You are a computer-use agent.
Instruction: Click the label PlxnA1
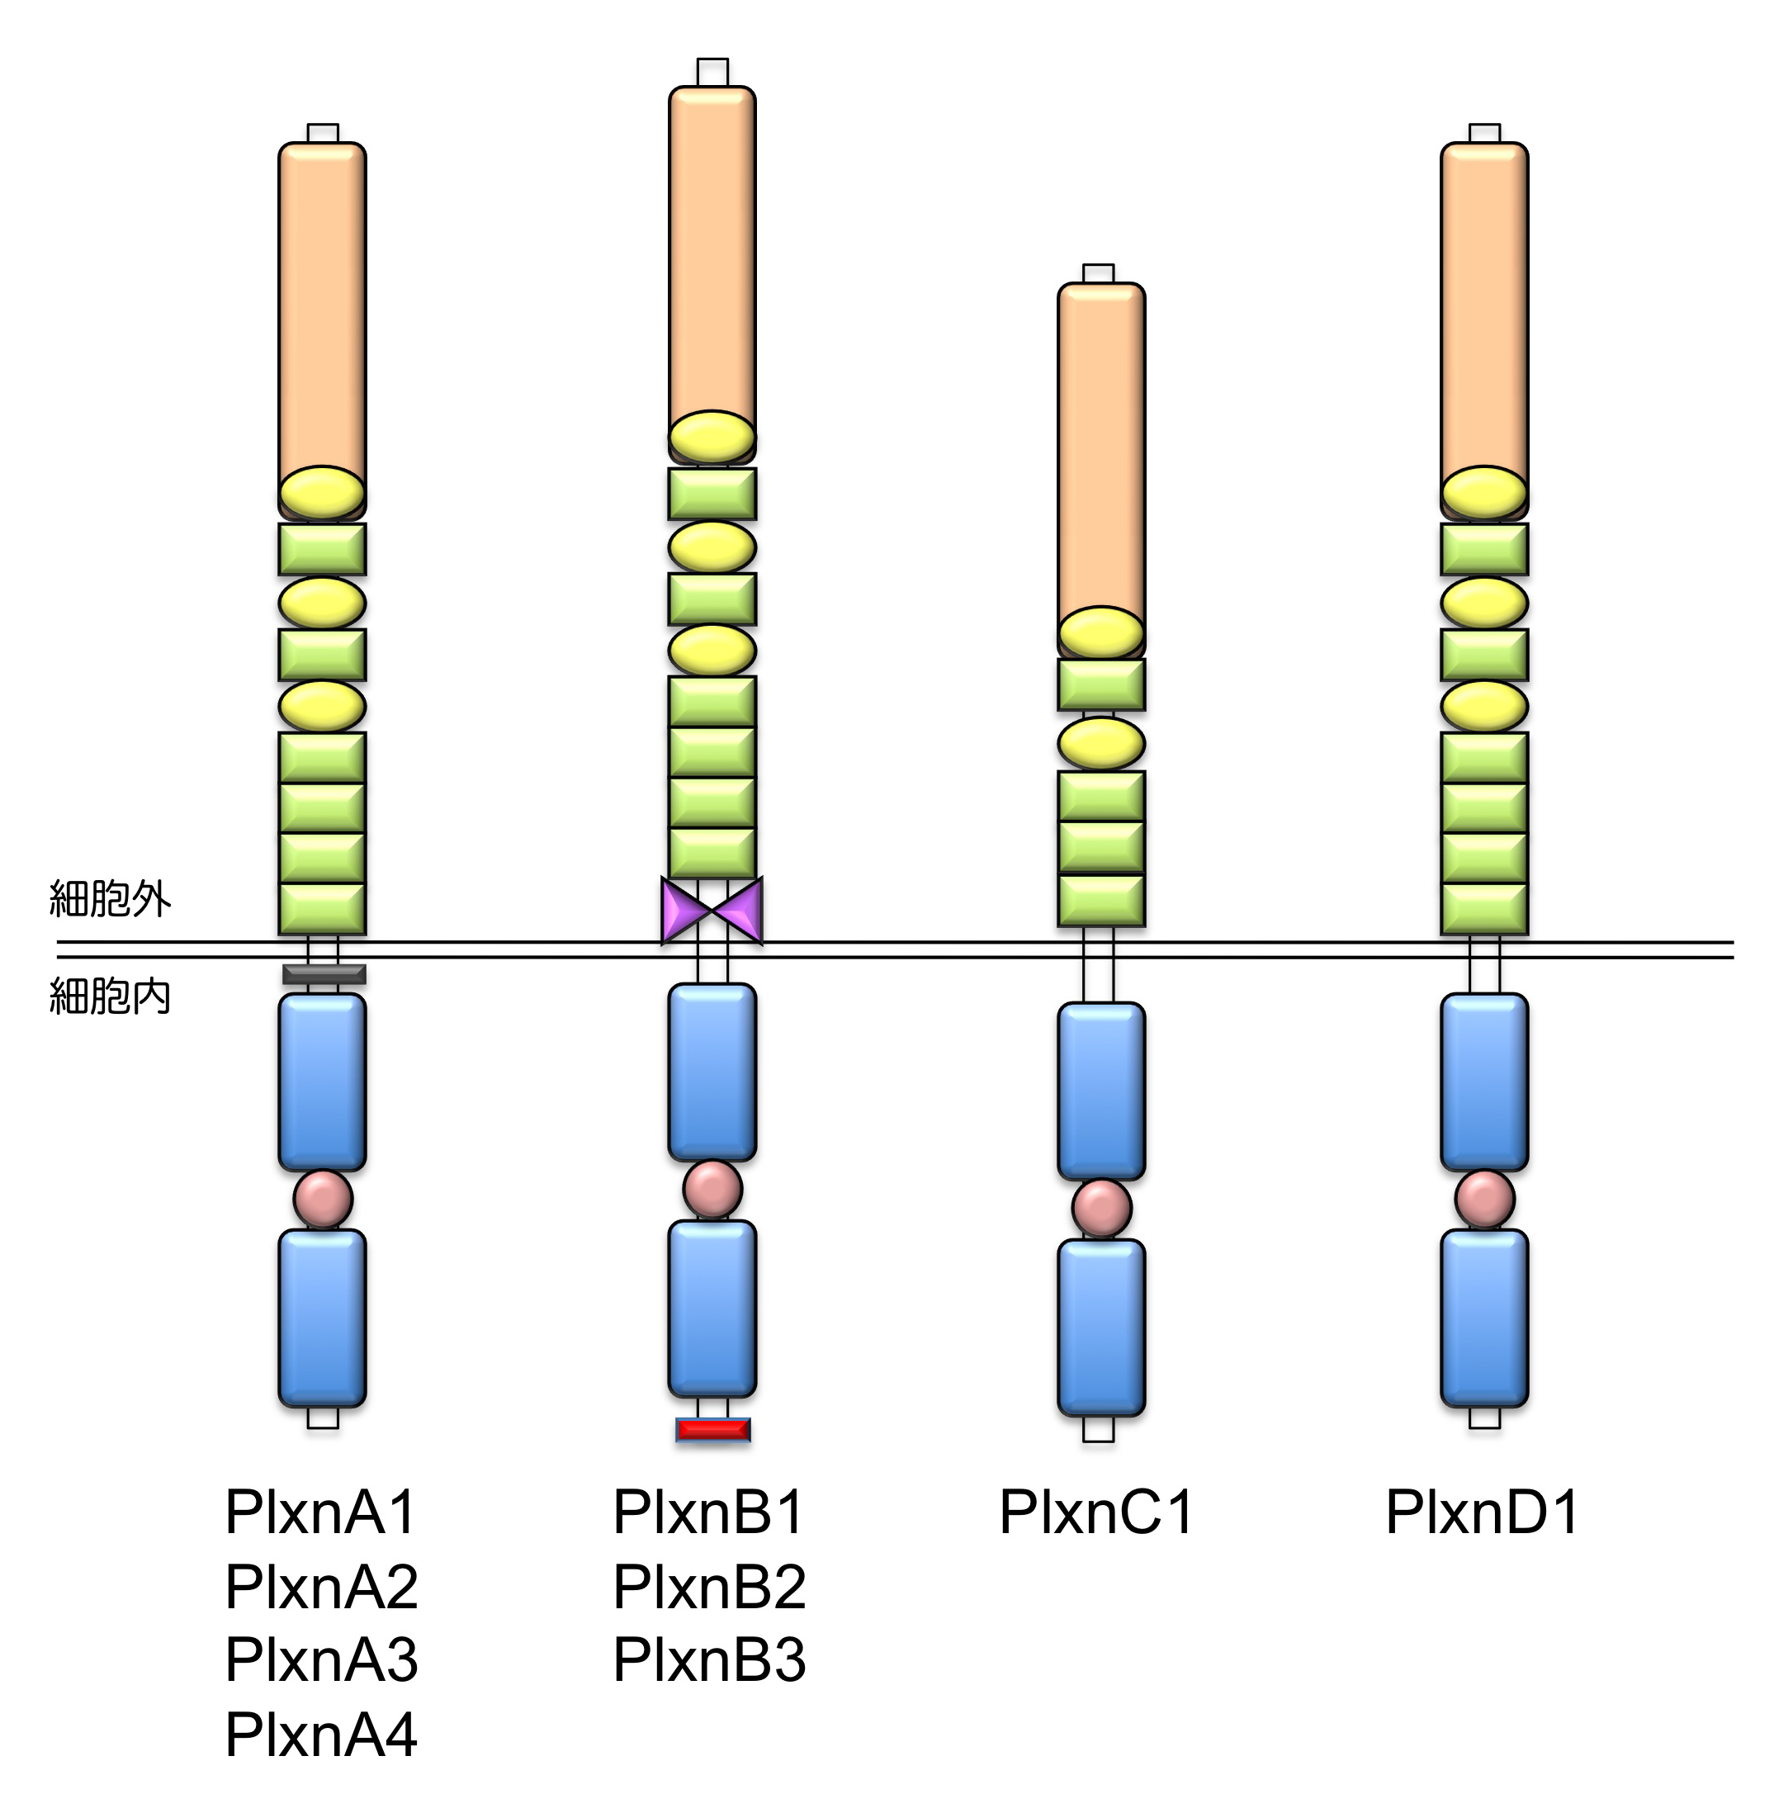tap(320, 1512)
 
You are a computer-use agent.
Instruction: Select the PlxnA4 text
tap(320, 1734)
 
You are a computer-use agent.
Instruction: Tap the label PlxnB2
tap(708, 1587)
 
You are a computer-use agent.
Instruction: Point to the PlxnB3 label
tap(708, 1659)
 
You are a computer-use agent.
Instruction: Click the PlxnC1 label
tap(1095, 1512)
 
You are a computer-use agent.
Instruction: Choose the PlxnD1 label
tap(1482, 1512)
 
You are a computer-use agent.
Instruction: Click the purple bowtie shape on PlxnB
tap(712, 910)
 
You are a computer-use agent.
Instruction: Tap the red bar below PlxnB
tap(712, 1429)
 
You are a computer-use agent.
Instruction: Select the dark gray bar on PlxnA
tap(323, 974)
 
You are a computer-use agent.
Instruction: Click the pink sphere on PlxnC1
tap(1101, 1208)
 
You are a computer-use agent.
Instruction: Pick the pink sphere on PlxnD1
tap(1483, 1199)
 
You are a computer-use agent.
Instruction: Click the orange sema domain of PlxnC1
tap(1101, 446)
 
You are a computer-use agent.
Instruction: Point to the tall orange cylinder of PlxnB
tap(712, 251)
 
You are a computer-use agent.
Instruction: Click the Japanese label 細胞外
tap(110, 899)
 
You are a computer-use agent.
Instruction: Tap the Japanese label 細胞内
tap(110, 996)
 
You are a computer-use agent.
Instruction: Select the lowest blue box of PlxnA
tap(322, 1318)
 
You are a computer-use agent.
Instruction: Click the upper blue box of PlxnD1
tap(1483, 1082)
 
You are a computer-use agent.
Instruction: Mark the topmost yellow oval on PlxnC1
tap(1101, 632)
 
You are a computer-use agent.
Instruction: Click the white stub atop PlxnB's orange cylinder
tap(712, 73)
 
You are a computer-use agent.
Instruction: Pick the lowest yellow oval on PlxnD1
tap(1483, 706)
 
